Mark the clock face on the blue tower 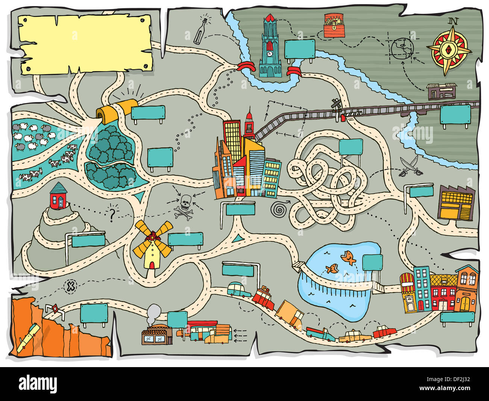point(270,53)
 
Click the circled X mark point(70,287)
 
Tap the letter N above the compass point(453,21)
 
